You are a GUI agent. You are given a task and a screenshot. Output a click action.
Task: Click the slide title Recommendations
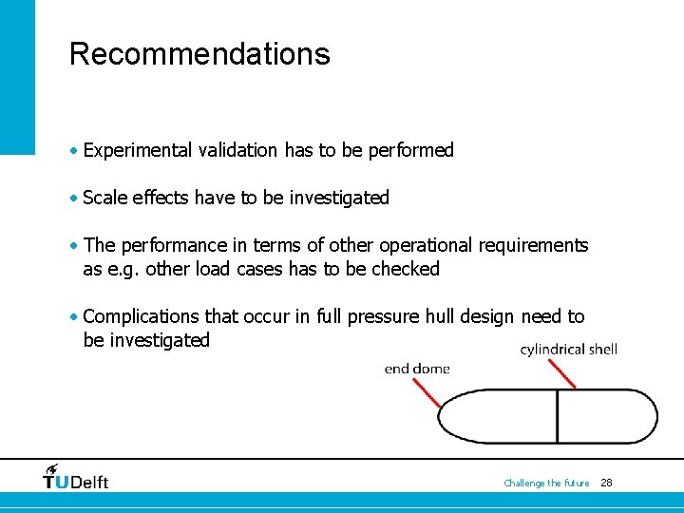click(199, 54)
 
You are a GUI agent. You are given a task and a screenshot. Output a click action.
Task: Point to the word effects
click(159, 198)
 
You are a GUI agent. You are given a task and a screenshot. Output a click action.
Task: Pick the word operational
click(425, 245)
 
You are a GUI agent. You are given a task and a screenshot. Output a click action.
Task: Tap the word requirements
click(533, 246)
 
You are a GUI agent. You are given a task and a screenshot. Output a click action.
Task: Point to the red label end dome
click(417, 369)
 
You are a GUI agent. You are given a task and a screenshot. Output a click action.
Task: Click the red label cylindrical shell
click(569, 350)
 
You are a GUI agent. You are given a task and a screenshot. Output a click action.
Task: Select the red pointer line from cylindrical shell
click(560, 373)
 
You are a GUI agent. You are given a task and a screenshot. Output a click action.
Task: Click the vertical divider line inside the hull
click(557, 416)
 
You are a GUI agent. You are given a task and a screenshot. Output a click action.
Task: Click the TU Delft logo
click(76, 477)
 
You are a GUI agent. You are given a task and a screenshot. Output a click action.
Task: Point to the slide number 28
click(607, 483)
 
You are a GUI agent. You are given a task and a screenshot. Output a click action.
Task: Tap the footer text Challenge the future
click(546, 484)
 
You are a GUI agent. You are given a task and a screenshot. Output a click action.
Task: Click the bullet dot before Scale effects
click(74, 198)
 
